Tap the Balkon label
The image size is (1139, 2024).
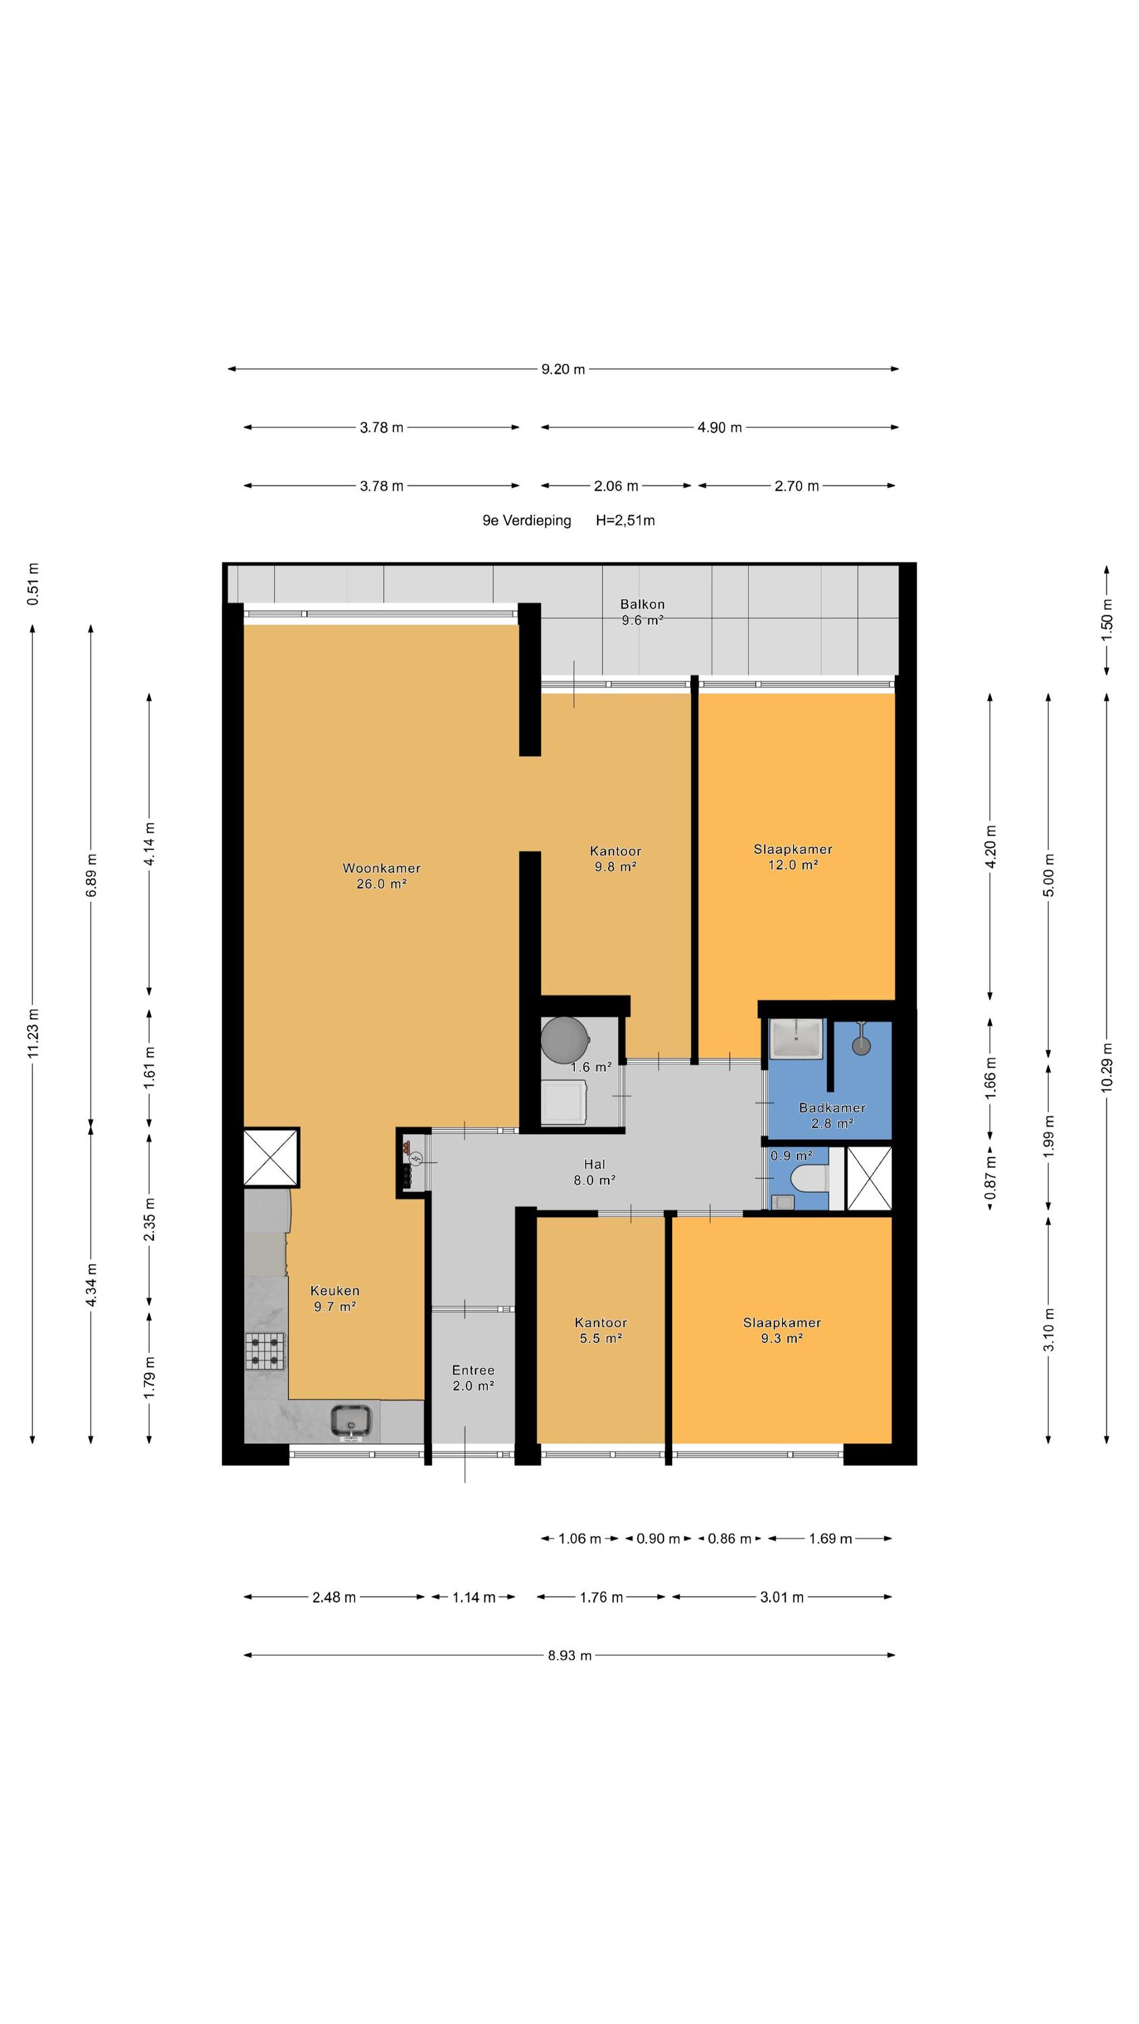click(642, 612)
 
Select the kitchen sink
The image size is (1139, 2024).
click(351, 1422)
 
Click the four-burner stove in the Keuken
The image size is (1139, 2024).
click(266, 1351)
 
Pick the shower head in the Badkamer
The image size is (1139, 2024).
click(862, 1039)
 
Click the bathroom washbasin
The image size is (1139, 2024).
click(796, 1038)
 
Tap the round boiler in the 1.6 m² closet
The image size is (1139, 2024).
click(563, 1040)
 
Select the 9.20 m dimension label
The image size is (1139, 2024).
click(563, 369)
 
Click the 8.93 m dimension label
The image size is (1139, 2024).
click(570, 1656)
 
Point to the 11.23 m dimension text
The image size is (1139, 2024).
click(34, 1033)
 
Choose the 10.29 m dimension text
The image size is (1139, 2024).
click(1107, 1066)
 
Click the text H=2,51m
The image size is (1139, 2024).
click(625, 520)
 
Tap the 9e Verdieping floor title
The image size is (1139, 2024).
click(527, 520)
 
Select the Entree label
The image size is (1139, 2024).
click(473, 1378)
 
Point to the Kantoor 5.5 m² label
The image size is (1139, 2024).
click(601, 1330)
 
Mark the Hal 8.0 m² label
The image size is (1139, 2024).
click(594, 1171)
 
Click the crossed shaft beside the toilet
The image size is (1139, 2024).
click(868, 1179)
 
